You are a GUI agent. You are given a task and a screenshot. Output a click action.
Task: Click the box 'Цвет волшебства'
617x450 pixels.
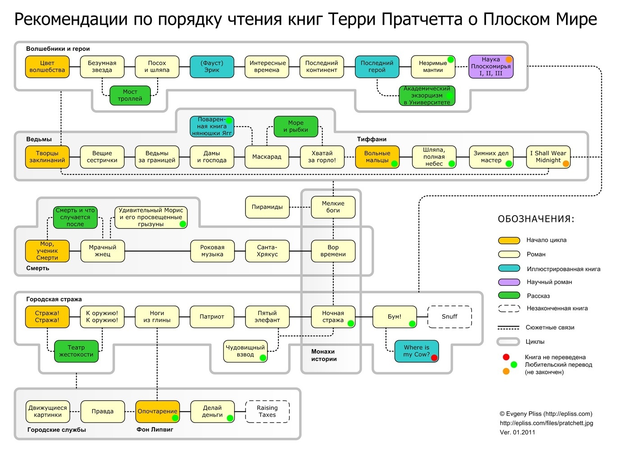(47, 67)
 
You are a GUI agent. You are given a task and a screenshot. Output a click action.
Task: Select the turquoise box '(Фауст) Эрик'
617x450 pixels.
(212, 67)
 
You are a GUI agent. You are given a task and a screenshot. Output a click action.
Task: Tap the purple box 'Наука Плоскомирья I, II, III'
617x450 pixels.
(491, 67)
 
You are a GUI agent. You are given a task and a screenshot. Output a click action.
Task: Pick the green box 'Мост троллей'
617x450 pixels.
(130, 95)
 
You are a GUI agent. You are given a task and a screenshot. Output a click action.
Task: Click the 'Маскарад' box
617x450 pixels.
(267, 157)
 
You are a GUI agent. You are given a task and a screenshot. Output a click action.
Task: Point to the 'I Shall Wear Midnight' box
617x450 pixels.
(548, 157)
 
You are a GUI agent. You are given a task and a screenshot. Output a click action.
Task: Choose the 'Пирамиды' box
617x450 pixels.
(267, 207)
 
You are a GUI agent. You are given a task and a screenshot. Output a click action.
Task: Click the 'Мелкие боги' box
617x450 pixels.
(333, 207)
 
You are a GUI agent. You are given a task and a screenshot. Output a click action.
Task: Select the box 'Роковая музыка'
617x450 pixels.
(212, 251)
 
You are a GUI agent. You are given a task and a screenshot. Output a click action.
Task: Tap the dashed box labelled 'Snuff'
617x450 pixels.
(449, 317)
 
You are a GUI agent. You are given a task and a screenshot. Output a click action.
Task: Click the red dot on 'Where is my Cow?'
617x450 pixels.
(434, 358)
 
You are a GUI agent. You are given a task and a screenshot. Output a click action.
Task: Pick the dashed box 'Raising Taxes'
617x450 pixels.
(267, 411)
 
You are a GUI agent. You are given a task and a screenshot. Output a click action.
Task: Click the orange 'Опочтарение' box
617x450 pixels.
(158, 411)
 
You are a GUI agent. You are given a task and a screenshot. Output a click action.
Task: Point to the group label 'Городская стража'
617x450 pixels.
(54, 299)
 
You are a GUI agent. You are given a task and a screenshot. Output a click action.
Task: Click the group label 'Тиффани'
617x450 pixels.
(372, 139)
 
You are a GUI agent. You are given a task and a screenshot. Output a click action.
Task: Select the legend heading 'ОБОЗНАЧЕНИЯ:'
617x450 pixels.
(536, 219)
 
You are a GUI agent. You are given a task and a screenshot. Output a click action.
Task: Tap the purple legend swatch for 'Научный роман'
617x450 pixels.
(509, 282)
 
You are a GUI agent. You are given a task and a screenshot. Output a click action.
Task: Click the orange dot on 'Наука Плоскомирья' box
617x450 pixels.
(509, 59)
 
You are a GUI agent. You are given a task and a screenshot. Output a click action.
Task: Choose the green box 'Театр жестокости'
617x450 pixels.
(76, 351)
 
